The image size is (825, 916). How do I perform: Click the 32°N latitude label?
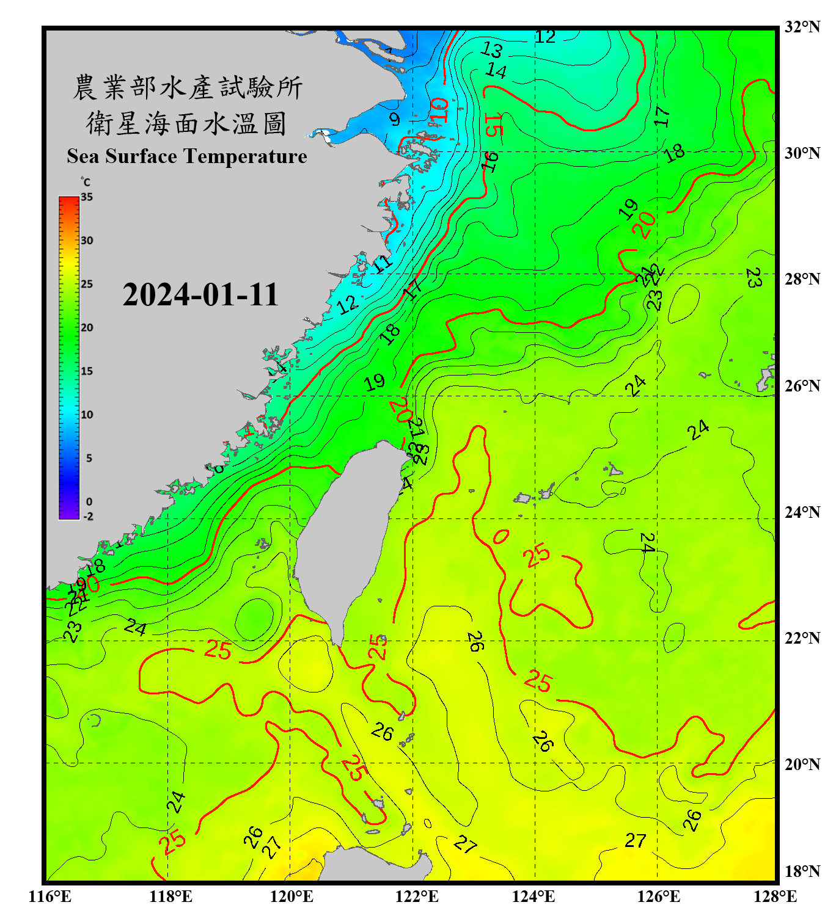coord(802,27)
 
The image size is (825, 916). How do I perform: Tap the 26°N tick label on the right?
coord(802,386)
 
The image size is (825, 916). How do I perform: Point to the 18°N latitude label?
coord(802,871)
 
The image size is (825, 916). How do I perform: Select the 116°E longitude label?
coord(50,896)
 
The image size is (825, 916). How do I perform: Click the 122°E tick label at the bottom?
coord(417,896)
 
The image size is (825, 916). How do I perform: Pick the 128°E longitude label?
coord(775,896)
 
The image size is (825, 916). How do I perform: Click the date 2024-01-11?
coord(200,295)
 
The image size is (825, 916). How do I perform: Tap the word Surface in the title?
coord(141,156)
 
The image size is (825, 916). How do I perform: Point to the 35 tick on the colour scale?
coord(87,197)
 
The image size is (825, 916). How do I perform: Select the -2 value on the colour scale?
coord(88,516)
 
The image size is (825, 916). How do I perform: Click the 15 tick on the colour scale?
coord(87,371)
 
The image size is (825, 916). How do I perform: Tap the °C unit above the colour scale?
coord(86,182)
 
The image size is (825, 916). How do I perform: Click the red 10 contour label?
coord(439,110)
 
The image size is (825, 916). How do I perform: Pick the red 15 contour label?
coord(493,125)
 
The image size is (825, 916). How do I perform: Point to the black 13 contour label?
coord(491,49)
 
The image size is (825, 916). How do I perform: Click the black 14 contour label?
coord(496,71)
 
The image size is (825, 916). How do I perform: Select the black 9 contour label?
coord(395,119)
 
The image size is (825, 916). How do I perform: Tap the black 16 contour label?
coord(490,162)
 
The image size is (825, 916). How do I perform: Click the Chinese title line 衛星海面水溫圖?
coord(186,124)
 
